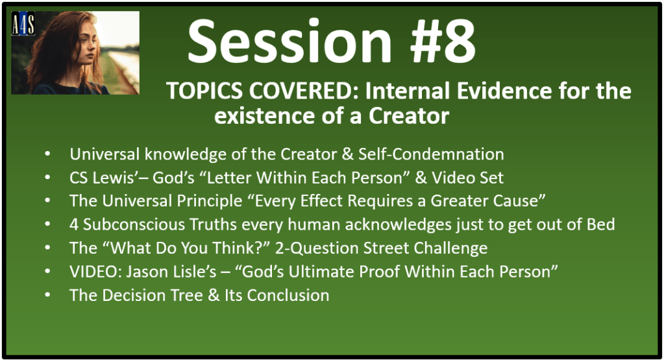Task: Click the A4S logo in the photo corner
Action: pyautogui.click(x=23, y=23)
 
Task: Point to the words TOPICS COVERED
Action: pyautogui.click(x=263, y=91)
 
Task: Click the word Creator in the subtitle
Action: pyautogui.click(x=409, y=116)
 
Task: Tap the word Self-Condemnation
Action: pyautogui.click(x=431, y=154)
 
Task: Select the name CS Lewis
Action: pyautogui.click(x=102, y=178)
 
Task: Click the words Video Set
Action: pyautogui.click(x=467, y=178)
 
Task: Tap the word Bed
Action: pyautogui.click(x=600, y=224)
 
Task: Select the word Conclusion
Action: pyautogui.click(x=288, y=295)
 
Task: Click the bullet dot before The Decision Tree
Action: pyautogui.click(x=47, y=294)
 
